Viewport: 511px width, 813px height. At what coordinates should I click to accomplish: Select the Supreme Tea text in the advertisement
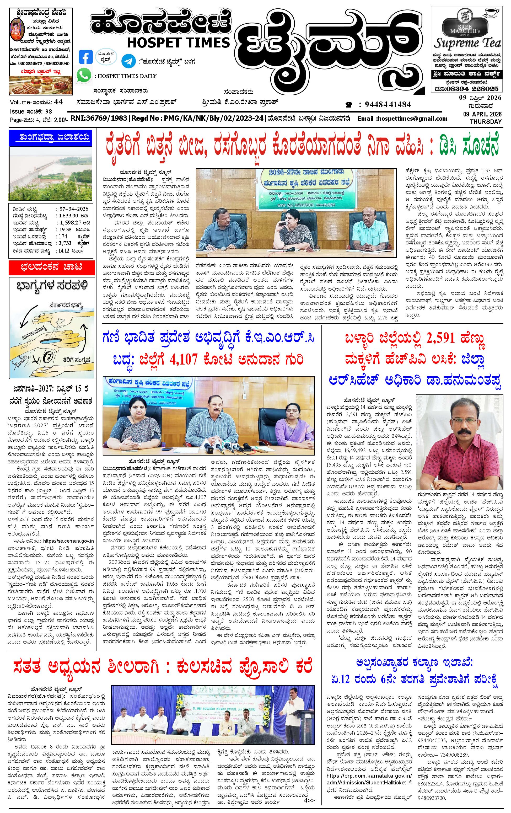click(467, 43)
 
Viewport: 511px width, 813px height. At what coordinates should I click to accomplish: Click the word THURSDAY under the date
click(484, 121)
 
